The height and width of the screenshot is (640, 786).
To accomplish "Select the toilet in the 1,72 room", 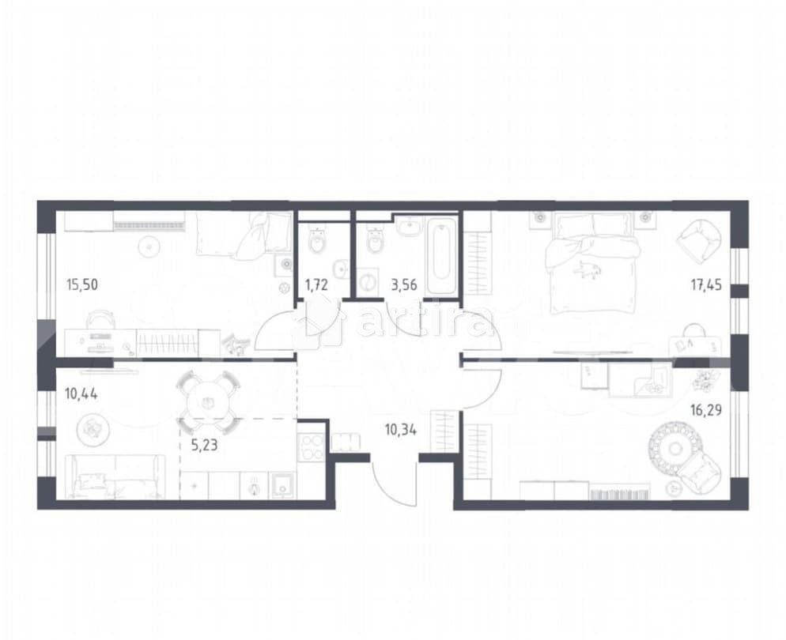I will (x=317, y=241).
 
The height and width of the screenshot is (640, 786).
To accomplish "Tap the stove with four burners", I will (x=311, y=448).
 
